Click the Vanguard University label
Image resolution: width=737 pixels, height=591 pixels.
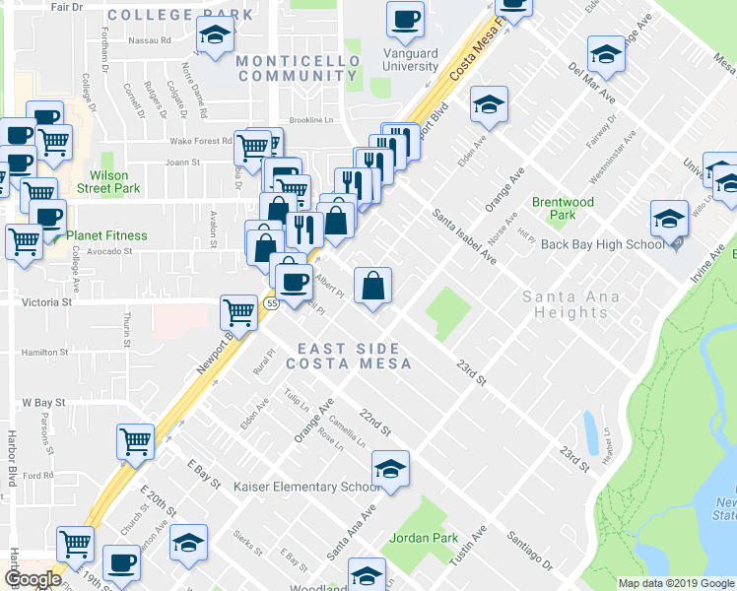click(410, 59)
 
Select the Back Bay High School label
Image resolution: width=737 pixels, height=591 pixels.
click(603, 244)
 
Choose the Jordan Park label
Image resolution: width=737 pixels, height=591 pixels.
click(424, 538)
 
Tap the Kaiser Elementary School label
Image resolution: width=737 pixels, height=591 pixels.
click(306, 487)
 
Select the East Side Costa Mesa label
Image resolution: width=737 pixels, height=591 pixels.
click(348, 356)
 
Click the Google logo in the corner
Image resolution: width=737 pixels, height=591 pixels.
click(32, 580)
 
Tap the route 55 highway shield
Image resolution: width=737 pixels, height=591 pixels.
click(271, 305)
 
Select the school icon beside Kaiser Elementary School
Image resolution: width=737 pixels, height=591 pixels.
click(391, 468)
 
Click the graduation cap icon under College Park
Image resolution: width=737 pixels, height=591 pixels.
click(213, 36)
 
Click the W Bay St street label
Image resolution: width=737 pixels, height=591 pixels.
click(42, 403)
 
